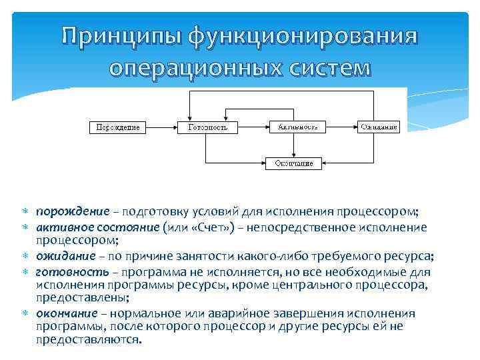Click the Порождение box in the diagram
click(x=118, y=127)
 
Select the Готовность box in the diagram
click(x=208, y=127)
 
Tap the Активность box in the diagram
click(x=297, y=126)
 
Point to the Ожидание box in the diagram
click(x=379, y=127)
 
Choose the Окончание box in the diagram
click(x=294, y=163)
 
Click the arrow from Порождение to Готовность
click(x=162, y=127)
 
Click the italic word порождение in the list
click(x=73, y=212)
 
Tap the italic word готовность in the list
click(x=71, y=272)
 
